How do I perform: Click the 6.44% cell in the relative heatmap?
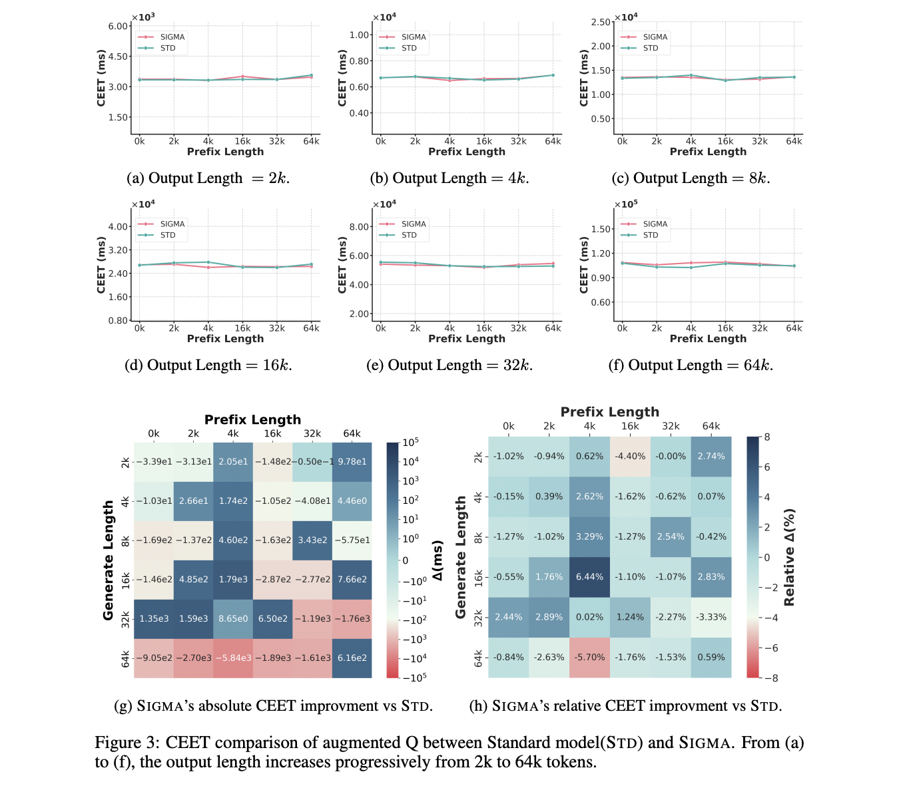coord(589,577)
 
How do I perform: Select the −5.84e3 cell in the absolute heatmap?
coord(233,658)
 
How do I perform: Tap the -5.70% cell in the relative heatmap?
coord(589,657)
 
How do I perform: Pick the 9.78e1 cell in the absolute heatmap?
coord(352,461)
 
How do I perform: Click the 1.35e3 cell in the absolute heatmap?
coord(154,618)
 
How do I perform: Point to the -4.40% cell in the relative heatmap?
coord(630,457)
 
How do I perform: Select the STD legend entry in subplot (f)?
coord(650,235)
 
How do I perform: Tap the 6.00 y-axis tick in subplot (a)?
coord(119,26)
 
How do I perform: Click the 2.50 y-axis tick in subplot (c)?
coord(601,22)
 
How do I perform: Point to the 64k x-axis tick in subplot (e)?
coord(553,328)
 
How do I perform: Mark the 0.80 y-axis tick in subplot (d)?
coord(118,320)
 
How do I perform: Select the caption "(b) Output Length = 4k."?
coord(450,178)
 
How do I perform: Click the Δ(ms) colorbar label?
coord(438,560)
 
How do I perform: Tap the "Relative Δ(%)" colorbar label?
coord(789,557)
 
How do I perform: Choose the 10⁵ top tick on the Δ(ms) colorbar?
coord(410,443)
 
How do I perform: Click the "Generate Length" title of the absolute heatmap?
coord(109,560)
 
